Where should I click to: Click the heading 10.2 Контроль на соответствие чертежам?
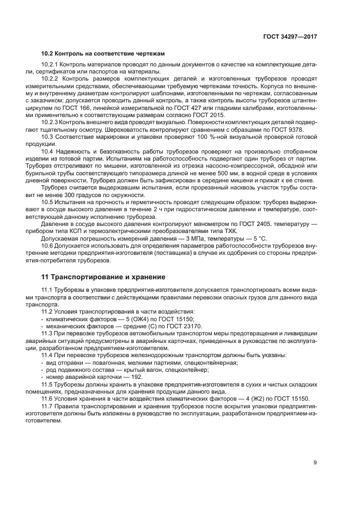click(103, 53)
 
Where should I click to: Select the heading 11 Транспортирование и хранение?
click(100, 277)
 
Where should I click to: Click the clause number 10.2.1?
click(50, 65)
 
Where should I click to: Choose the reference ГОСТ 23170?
click(168, 326)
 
